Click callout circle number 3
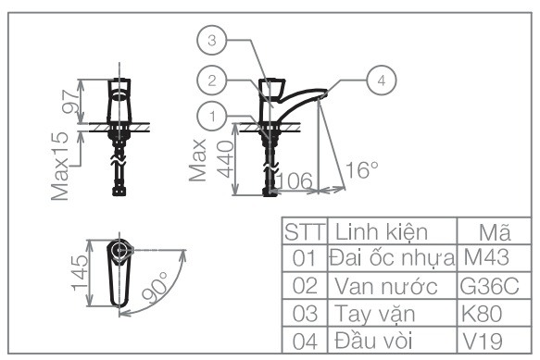(212, 41)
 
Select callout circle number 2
(212, 81)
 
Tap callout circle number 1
(212, 117)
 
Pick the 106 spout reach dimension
(295, 180)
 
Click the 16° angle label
(361, 170)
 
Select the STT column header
(302, 230)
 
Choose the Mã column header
(490, 230)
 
